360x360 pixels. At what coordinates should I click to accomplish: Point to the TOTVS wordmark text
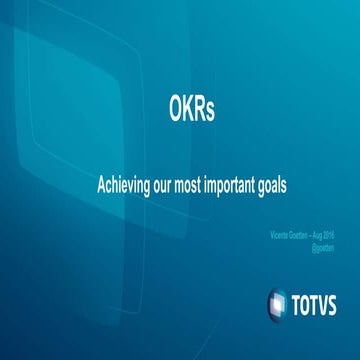(x=319, y=301)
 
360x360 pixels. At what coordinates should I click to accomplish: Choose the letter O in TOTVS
(x=307, y=301)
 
